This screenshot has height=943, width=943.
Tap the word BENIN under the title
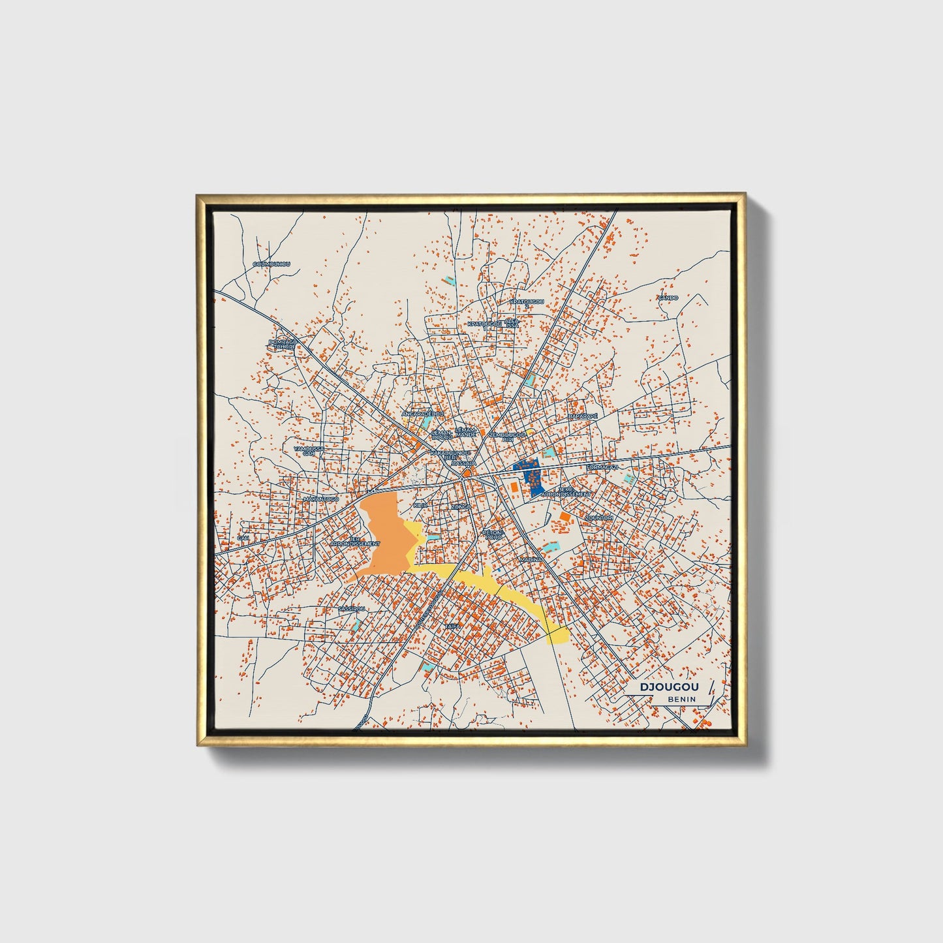point(681,699)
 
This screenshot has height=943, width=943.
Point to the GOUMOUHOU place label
point(271,264)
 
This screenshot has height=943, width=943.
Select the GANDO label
point(668,298)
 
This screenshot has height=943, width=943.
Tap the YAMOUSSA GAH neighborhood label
point(308,451)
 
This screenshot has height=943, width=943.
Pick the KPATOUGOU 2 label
point(527,303)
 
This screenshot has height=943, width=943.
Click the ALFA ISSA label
point(513,323)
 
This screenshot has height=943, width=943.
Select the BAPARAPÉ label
point(583,416)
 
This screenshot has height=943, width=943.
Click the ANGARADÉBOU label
point(422,414)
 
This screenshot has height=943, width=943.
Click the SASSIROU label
point(352,608)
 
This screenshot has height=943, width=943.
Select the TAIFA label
point(452,626)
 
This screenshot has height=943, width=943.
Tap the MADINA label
point(531,560)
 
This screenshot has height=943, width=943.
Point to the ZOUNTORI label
point(599,518)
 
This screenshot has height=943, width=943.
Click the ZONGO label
point(461,506)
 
